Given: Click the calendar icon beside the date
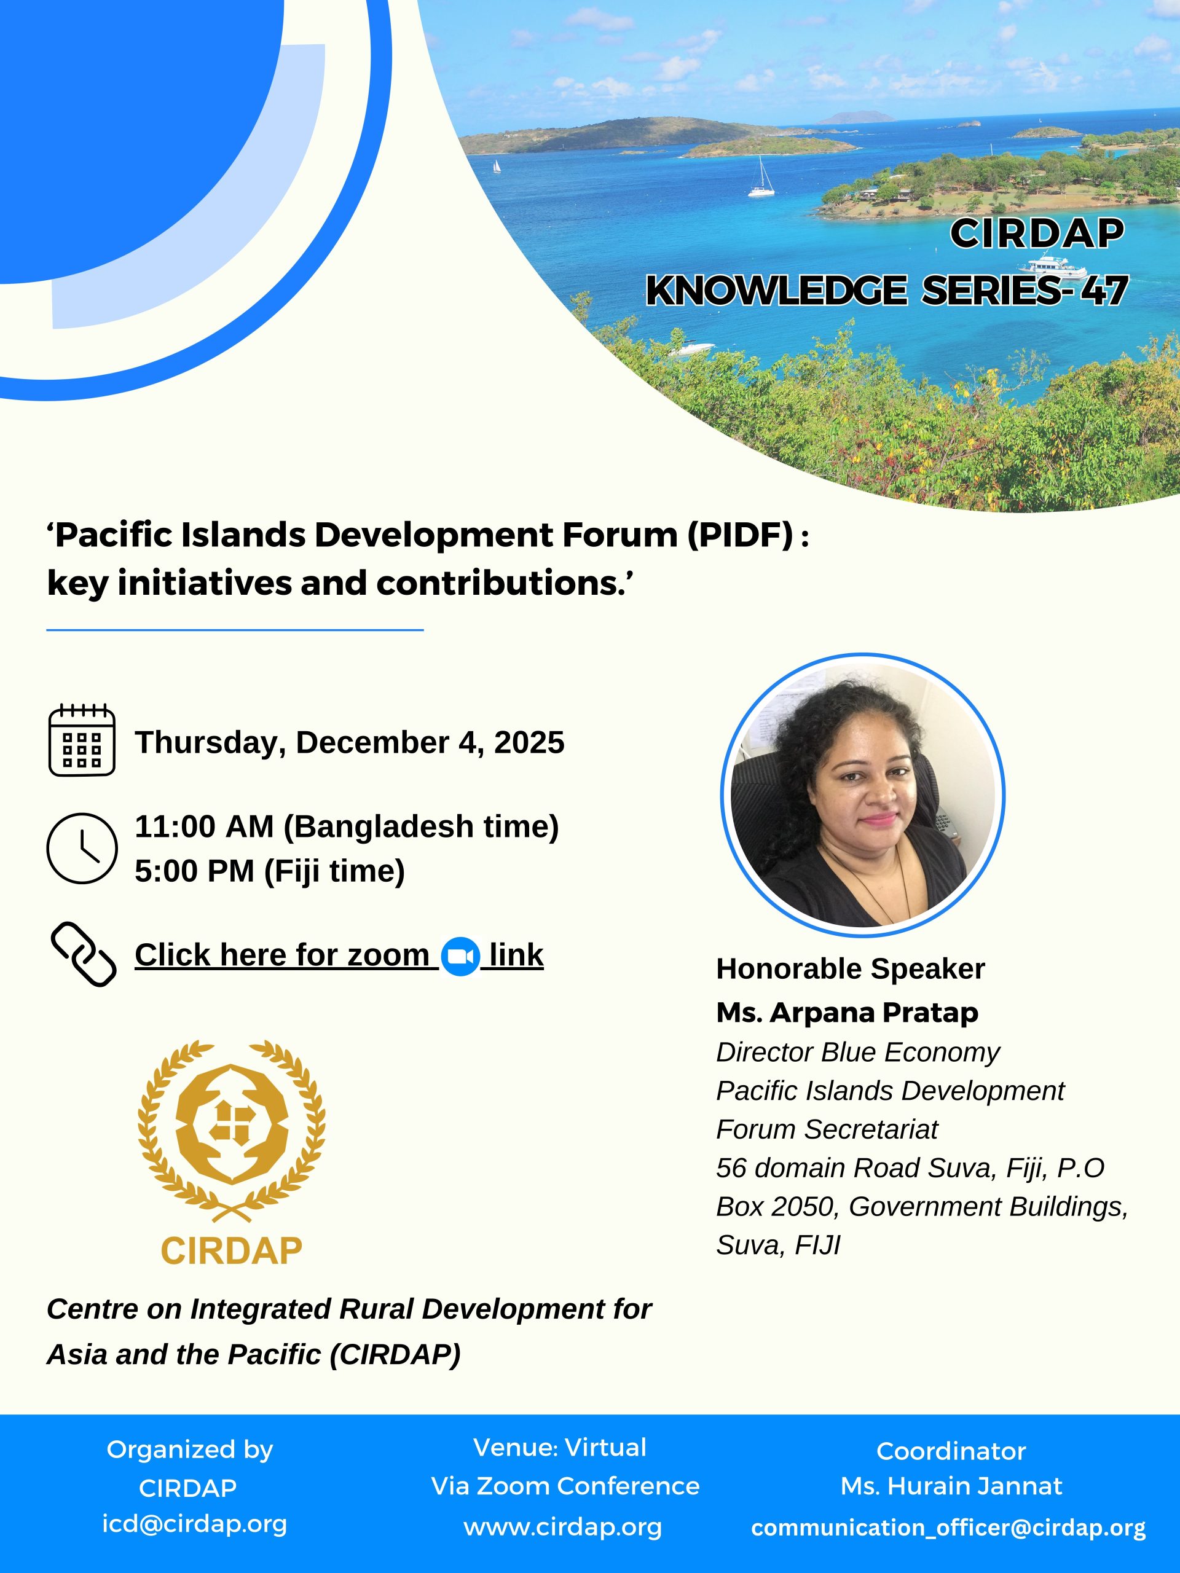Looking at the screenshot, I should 82,740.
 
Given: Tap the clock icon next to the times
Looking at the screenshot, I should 82,848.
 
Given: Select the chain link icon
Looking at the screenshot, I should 83,954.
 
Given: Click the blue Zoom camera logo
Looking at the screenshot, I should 460,957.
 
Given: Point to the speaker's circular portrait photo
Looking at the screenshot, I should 862,795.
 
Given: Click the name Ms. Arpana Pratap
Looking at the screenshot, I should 847,1013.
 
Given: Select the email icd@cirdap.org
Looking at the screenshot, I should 194,1523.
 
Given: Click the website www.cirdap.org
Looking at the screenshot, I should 562,1527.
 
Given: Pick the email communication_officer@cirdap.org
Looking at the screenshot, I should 948,1528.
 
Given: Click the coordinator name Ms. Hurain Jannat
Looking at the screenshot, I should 951,1486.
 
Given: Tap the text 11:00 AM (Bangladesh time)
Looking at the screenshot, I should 347,826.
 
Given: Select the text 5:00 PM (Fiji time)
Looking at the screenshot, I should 270,871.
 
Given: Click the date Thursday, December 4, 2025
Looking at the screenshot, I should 349,742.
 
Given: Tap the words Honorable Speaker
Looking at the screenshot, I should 850,968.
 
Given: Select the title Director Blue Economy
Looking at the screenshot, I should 857,1053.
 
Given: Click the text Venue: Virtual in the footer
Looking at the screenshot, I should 560,1447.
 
